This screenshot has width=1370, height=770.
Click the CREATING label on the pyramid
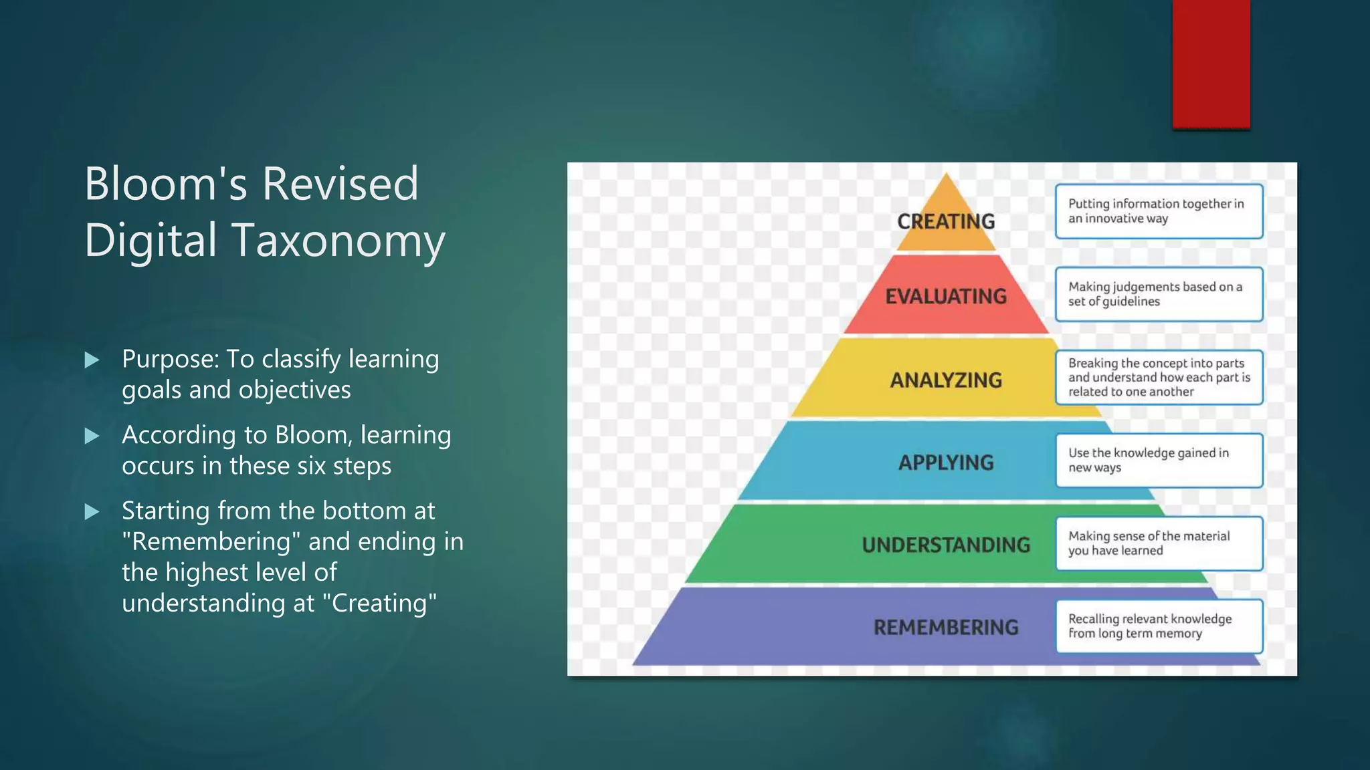point(946,221)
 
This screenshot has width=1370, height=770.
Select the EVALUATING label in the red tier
point(946,296)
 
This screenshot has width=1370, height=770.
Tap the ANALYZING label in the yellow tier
point(946,380)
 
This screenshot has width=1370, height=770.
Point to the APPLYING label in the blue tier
point(946,463)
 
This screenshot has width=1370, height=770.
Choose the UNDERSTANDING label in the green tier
point(946,545)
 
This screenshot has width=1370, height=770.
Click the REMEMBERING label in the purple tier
point(946,627)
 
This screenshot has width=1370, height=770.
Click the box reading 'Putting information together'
point(1159,211)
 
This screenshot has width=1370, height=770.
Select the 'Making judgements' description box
point(1159,294)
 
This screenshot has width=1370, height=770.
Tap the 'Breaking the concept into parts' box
point(1159,377)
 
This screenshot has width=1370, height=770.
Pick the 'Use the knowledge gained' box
point(1159,460)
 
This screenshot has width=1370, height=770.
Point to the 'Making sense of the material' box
point(1159,543)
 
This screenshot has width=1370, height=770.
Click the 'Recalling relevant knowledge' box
point(1159,626)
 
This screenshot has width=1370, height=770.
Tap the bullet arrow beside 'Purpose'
point(92,360)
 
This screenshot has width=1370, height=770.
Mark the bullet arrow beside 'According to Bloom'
point(92,436)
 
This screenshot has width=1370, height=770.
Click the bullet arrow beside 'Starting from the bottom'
point(92,512)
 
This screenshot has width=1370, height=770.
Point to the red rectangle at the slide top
point(1211,63)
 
